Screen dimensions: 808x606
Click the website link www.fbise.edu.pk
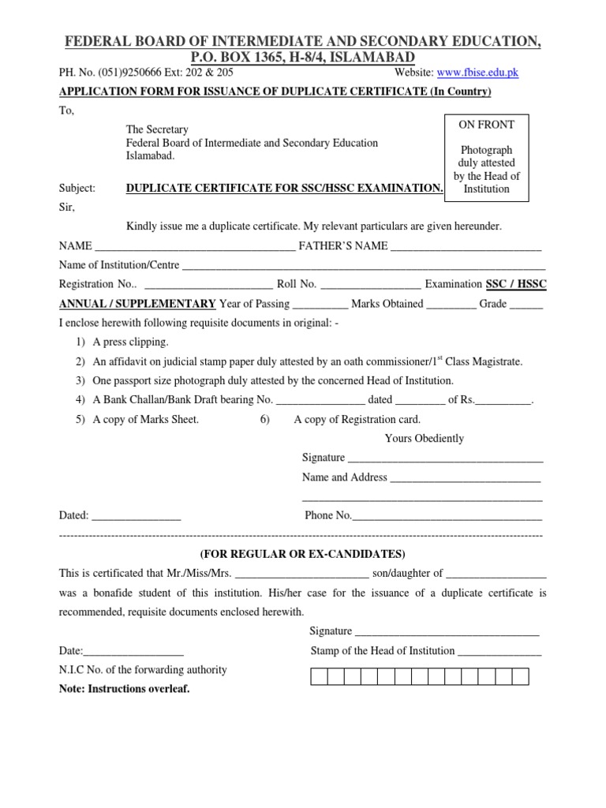tap(477, 73)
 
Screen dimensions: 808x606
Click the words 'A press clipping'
tap(130, 342)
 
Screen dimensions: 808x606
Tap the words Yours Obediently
tap(424, 439)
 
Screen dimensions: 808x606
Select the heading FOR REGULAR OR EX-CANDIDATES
tap(302, 553)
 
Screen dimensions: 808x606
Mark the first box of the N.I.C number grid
tap(319, 676)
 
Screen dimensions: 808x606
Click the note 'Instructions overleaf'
tap(125, 689)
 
